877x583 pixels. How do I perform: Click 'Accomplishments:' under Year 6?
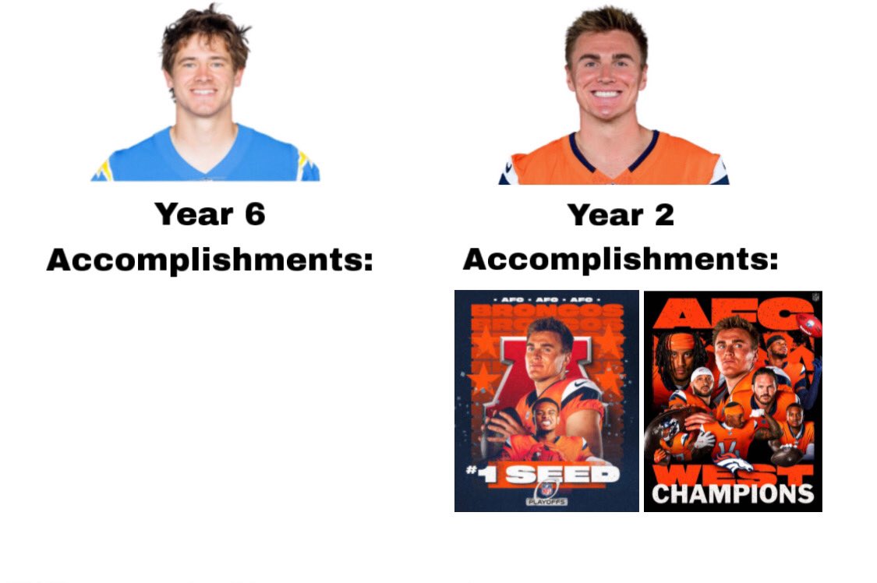click(210, 260)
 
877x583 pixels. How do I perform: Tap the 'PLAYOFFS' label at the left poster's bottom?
click(546, 503)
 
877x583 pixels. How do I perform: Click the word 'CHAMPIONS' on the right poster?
click(732, 493)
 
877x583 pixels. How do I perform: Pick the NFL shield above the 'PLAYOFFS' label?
click(546, 489)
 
